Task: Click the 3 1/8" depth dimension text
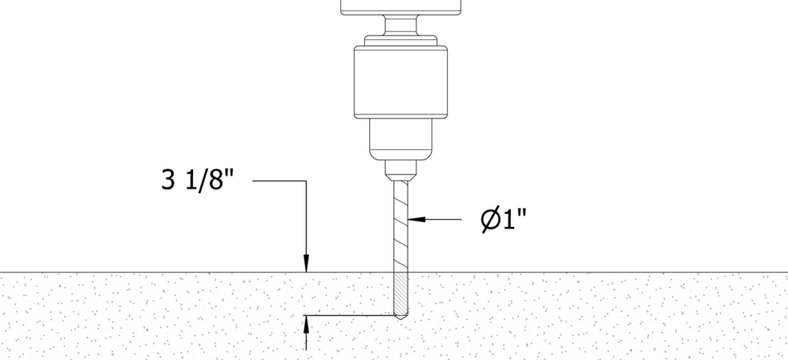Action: (198, 179)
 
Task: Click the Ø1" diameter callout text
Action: (504, 219)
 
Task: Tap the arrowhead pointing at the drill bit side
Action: (417, 219)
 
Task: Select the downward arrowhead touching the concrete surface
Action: (306, 264)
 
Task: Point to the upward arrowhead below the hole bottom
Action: (306, 325)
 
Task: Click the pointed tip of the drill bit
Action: (400, 318)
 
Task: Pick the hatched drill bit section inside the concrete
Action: (400, 294)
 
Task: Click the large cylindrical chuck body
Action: (400, 82)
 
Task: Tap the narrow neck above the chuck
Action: (400, 25)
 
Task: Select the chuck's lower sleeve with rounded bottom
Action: (400, 139)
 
